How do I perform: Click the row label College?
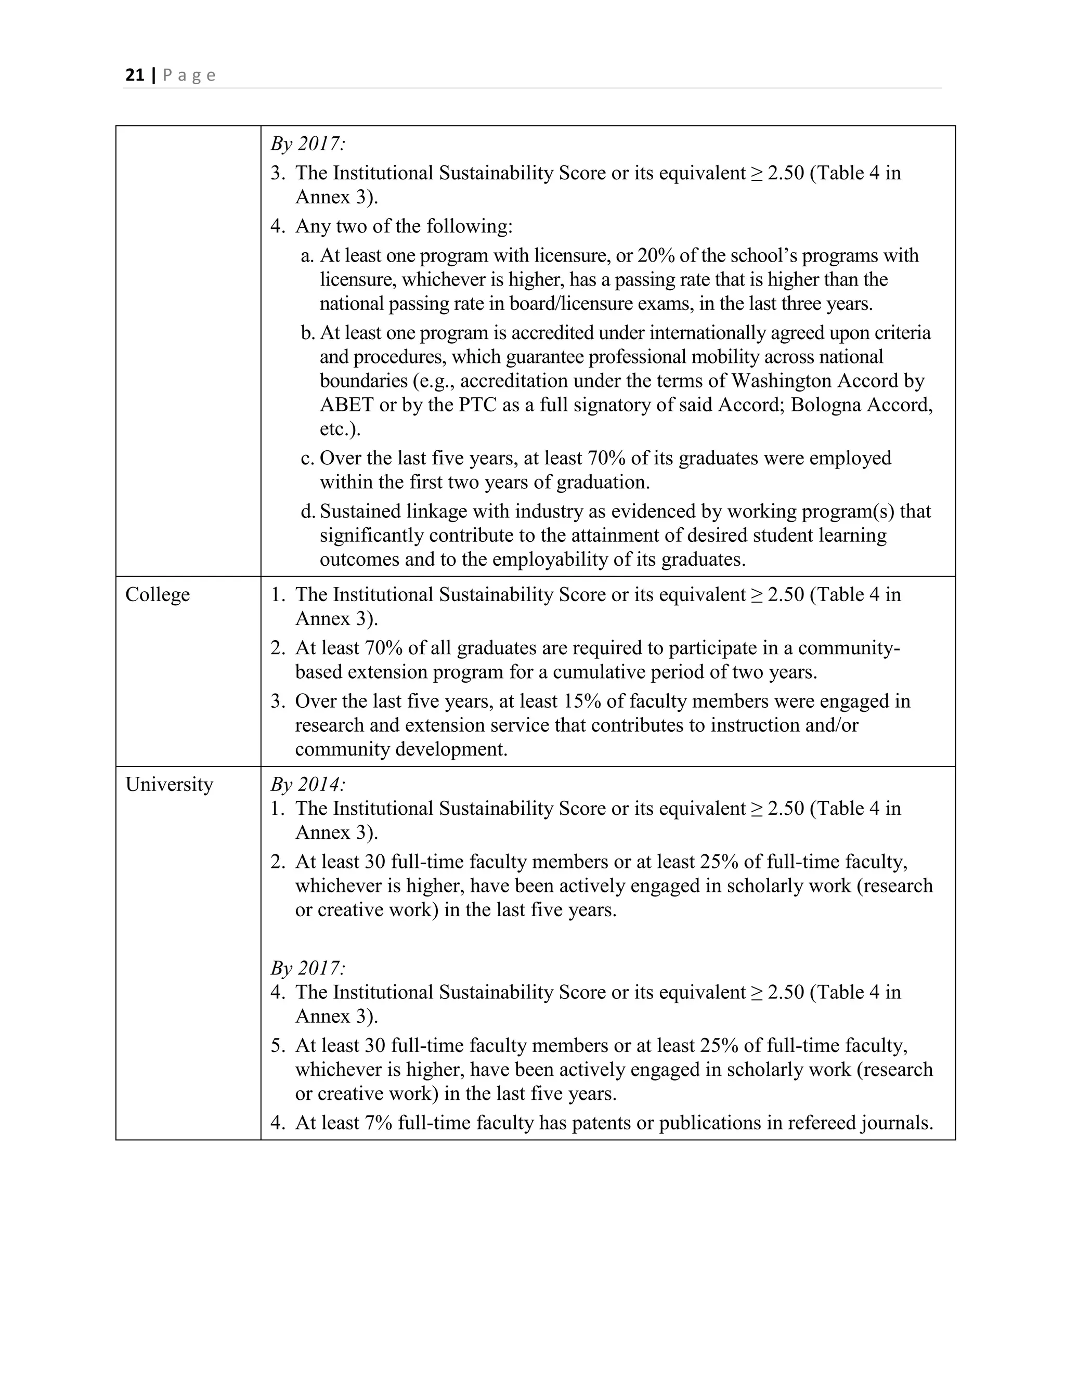(157, 594)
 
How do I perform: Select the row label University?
(169, 784)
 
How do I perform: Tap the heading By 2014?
(308, 784)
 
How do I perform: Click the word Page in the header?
(189, 76)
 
